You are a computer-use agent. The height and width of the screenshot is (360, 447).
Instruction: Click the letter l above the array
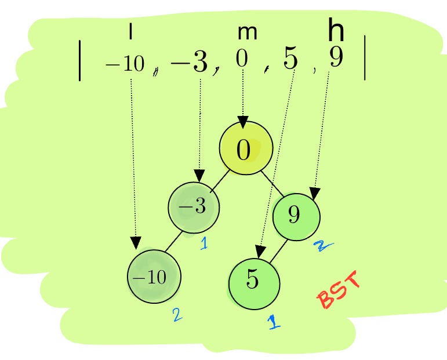point(130,33)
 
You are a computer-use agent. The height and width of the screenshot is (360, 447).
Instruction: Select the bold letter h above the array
point(336,30)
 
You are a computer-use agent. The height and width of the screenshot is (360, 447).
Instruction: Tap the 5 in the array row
point(290,60)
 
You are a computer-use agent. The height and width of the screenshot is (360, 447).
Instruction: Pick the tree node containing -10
point(154,277)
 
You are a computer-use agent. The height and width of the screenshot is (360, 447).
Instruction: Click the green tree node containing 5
point(255,283)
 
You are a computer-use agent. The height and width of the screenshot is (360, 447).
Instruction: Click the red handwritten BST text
point(340,292)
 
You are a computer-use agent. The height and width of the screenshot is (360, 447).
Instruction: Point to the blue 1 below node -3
point(204,243)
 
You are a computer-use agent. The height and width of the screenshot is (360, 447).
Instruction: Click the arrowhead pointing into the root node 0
point(244,123)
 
